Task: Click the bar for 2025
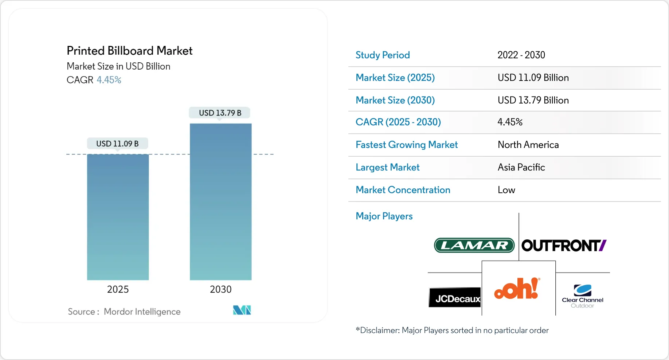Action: click(x=118, y=217)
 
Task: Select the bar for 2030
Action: click(x=220, y=202)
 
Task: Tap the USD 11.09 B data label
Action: click(x=117, y=144)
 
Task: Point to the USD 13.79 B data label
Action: click(x=220, y=113)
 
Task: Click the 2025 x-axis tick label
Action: click(x=118, y=289)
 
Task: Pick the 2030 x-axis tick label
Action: click(x=220, y=289)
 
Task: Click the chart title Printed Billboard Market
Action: click(x=129, y=51)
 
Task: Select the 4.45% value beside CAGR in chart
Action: click(x=109, y=80)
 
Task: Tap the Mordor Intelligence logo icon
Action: click(x=242, y=310)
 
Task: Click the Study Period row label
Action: click(x=383, y=55)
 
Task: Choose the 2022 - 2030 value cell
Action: click(x=521, y=55)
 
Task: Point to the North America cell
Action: click(x=528, y=145)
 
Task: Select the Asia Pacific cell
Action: click(x=521, y=167)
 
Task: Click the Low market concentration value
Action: click(x=506, y=190)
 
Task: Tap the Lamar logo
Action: click(x=474, y=245)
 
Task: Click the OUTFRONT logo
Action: click(x=564, y=246)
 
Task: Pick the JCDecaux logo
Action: click(x=455, y=297)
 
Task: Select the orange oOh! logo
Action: click(x=517, y=288)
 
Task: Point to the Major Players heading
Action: click(x=384, y=216)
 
